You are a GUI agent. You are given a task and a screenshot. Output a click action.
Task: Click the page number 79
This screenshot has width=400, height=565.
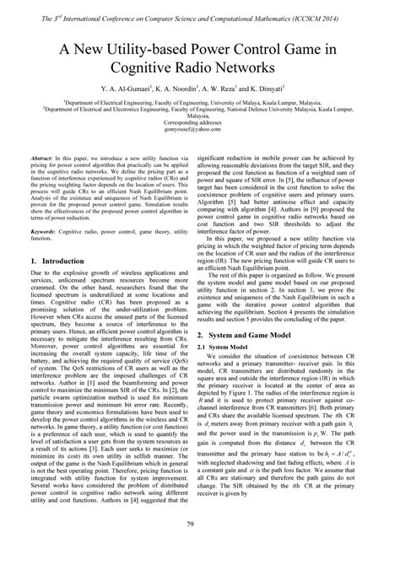(200, 550)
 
